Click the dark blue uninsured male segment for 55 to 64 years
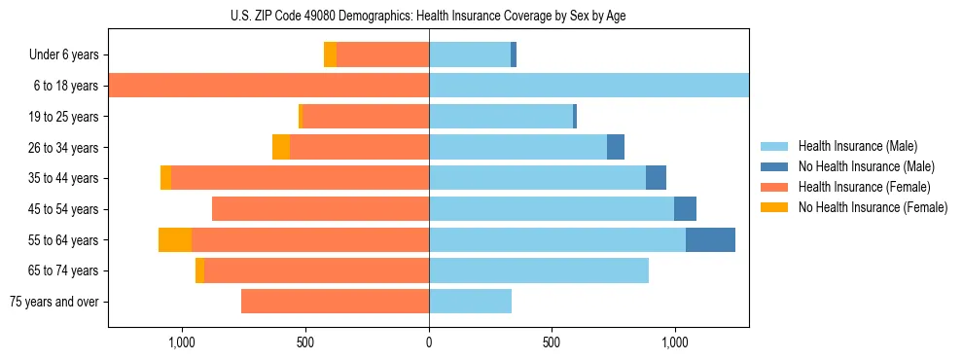(x=710, y=239)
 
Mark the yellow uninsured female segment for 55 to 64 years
(x=175, y=239)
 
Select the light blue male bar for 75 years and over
(x=470, y=302)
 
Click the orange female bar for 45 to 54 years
(x=321, y=209)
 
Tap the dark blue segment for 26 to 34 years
(x=616, y=147)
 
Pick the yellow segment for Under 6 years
(x=331, y=54)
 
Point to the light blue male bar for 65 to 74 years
(x=539, y=270)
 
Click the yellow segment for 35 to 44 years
(x=166, y=178)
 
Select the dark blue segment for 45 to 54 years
(x=685, y=209)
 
